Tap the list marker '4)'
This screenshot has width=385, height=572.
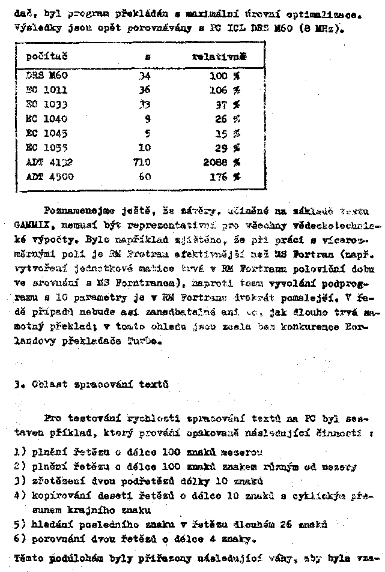19,496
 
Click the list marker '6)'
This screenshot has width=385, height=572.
19,538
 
